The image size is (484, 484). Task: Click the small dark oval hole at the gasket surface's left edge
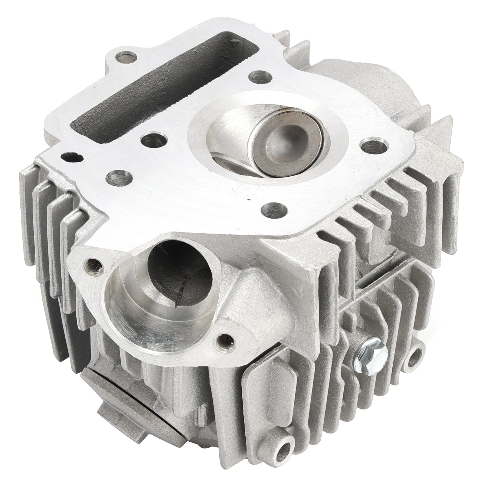[x=72, y=157]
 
